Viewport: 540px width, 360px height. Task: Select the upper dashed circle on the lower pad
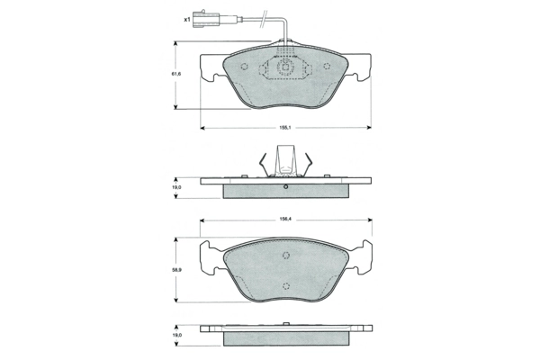(x=285, y=254)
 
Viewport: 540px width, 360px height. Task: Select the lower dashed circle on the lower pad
(x=285, y=287)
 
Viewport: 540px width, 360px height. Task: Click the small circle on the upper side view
(x=285, y=187)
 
